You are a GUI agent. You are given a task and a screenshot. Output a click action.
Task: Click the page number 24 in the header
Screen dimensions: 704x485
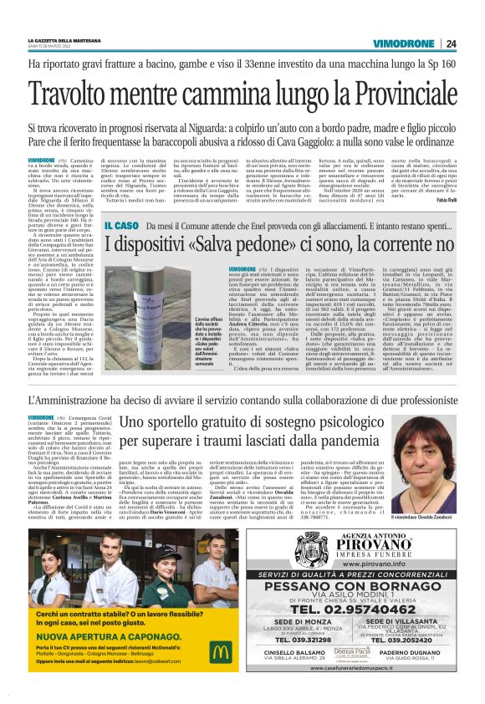(x=451, y=44)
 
